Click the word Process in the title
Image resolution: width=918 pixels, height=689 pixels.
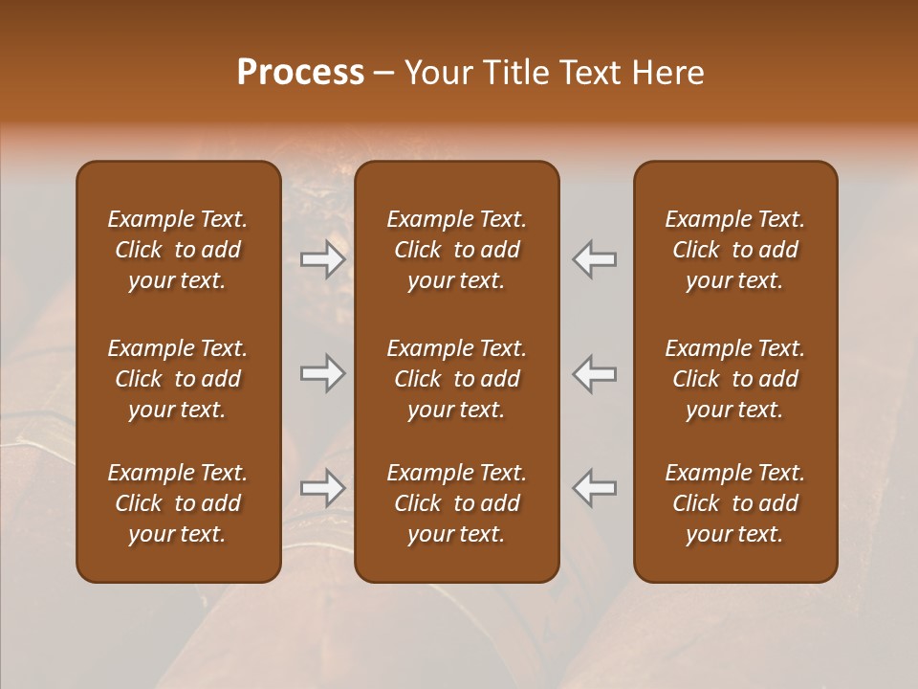(x=300, y=73)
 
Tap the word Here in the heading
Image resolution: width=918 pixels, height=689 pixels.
(x=668, y=73)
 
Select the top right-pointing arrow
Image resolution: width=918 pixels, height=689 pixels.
(x=323, y=259)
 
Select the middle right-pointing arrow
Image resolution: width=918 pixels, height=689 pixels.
(x=323, y=373)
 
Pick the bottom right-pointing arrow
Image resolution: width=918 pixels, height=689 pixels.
(x=323, y=488)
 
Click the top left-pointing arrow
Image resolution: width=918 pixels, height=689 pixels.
(x=595, y=259)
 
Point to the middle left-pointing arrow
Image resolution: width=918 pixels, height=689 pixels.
(x=595, y=373)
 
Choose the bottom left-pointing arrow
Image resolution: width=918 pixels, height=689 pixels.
(x=595, y=488)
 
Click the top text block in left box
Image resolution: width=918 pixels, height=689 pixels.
(x=178, y=250)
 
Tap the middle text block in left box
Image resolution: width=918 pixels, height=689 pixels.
(x=178, y=379)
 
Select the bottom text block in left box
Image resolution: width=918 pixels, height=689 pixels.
(x=178, y=503)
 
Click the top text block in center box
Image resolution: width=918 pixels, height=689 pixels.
(x=457, y=250)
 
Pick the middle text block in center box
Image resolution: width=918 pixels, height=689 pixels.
(x=457, y=379)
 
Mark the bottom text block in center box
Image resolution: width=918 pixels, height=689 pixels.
(x=457, y=503)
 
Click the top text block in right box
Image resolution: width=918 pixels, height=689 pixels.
(x=735, y=250)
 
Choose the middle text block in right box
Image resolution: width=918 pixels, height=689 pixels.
(x=735, y=379)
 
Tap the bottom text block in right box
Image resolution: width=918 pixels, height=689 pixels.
(x=735, y=503)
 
